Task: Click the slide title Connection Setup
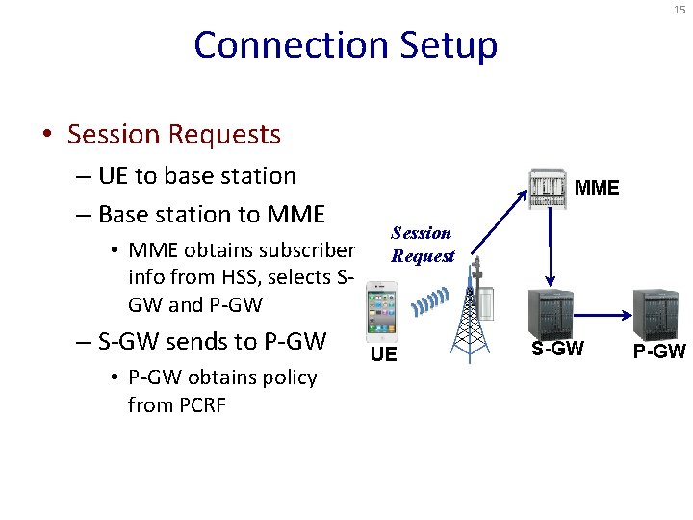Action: pos(346,45)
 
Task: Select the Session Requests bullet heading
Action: pos(173,134)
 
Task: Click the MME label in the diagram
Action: pos(597,188)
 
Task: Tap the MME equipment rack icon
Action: pos(549,189)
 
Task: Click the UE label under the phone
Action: pos(383,355)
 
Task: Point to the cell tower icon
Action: pos(472,318)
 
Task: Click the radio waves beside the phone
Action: pos(430,302)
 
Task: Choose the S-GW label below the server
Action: pos(558,349)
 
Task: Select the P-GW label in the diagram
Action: pos(659,351)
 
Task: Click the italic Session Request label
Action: pos(422,245)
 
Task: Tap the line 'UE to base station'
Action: pos(196,176)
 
